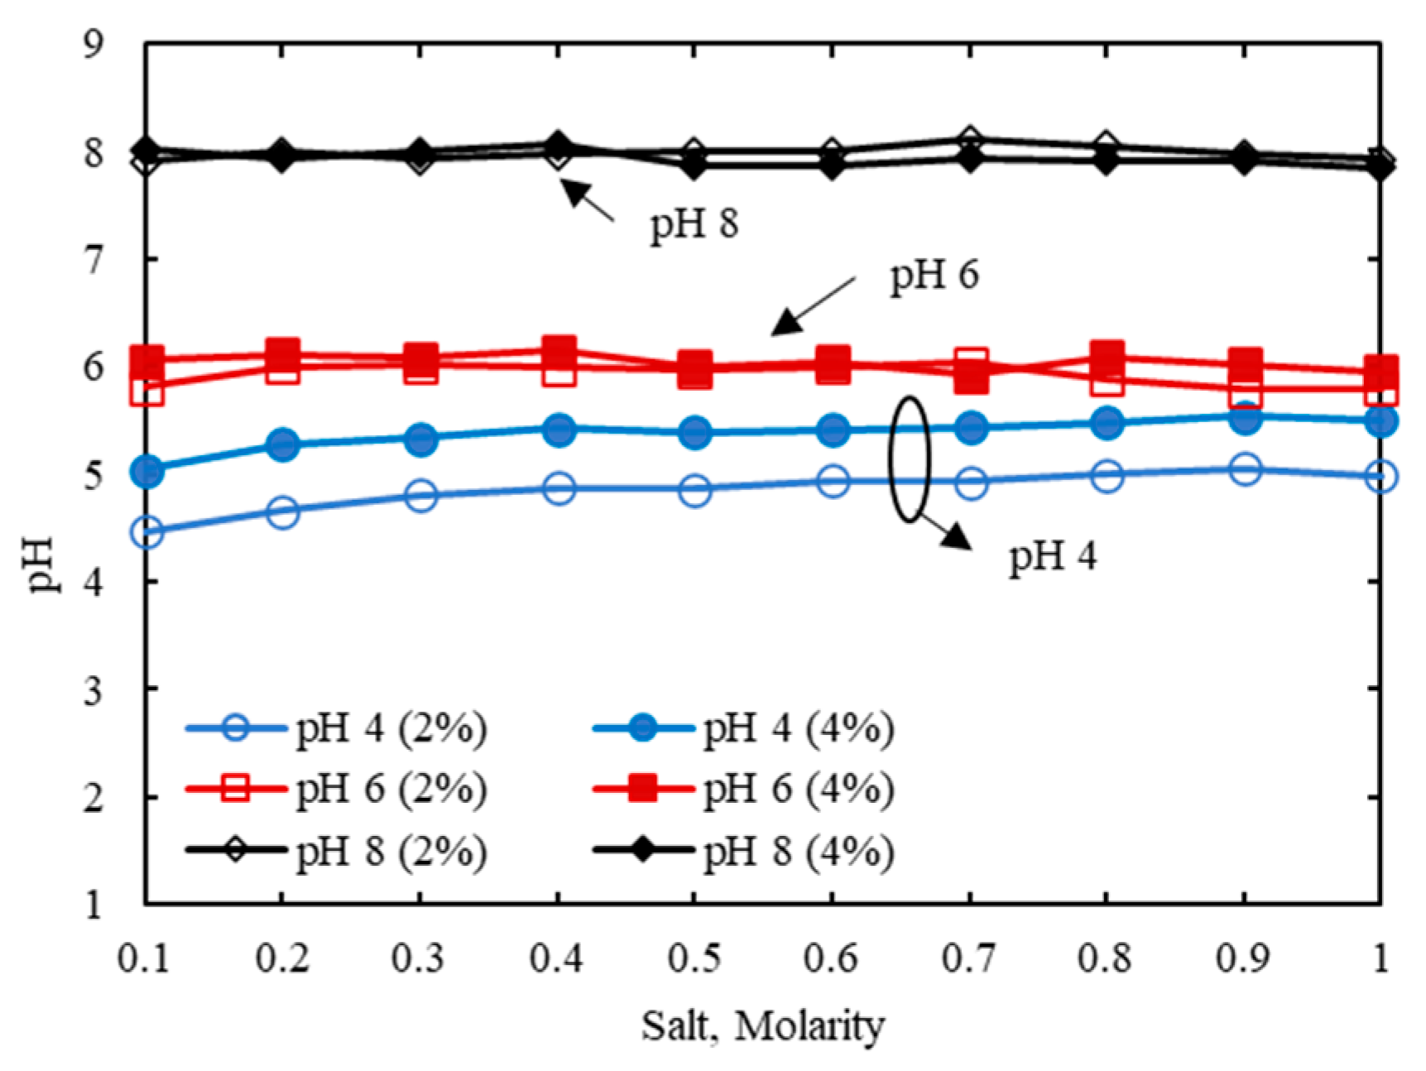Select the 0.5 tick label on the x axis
pos(694,958)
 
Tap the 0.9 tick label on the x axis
pos(1243,958)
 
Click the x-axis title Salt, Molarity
pos(762,1026)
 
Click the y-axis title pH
pos(41,564)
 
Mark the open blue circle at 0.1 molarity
pos(146,532)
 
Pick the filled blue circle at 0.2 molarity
pos(283,444)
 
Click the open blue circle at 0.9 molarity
pos(1244,469)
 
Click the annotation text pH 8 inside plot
pos(694,224)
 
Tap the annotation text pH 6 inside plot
pos(934,276)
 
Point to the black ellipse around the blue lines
pos(891,459)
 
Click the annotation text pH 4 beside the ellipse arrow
pos(1052,556)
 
